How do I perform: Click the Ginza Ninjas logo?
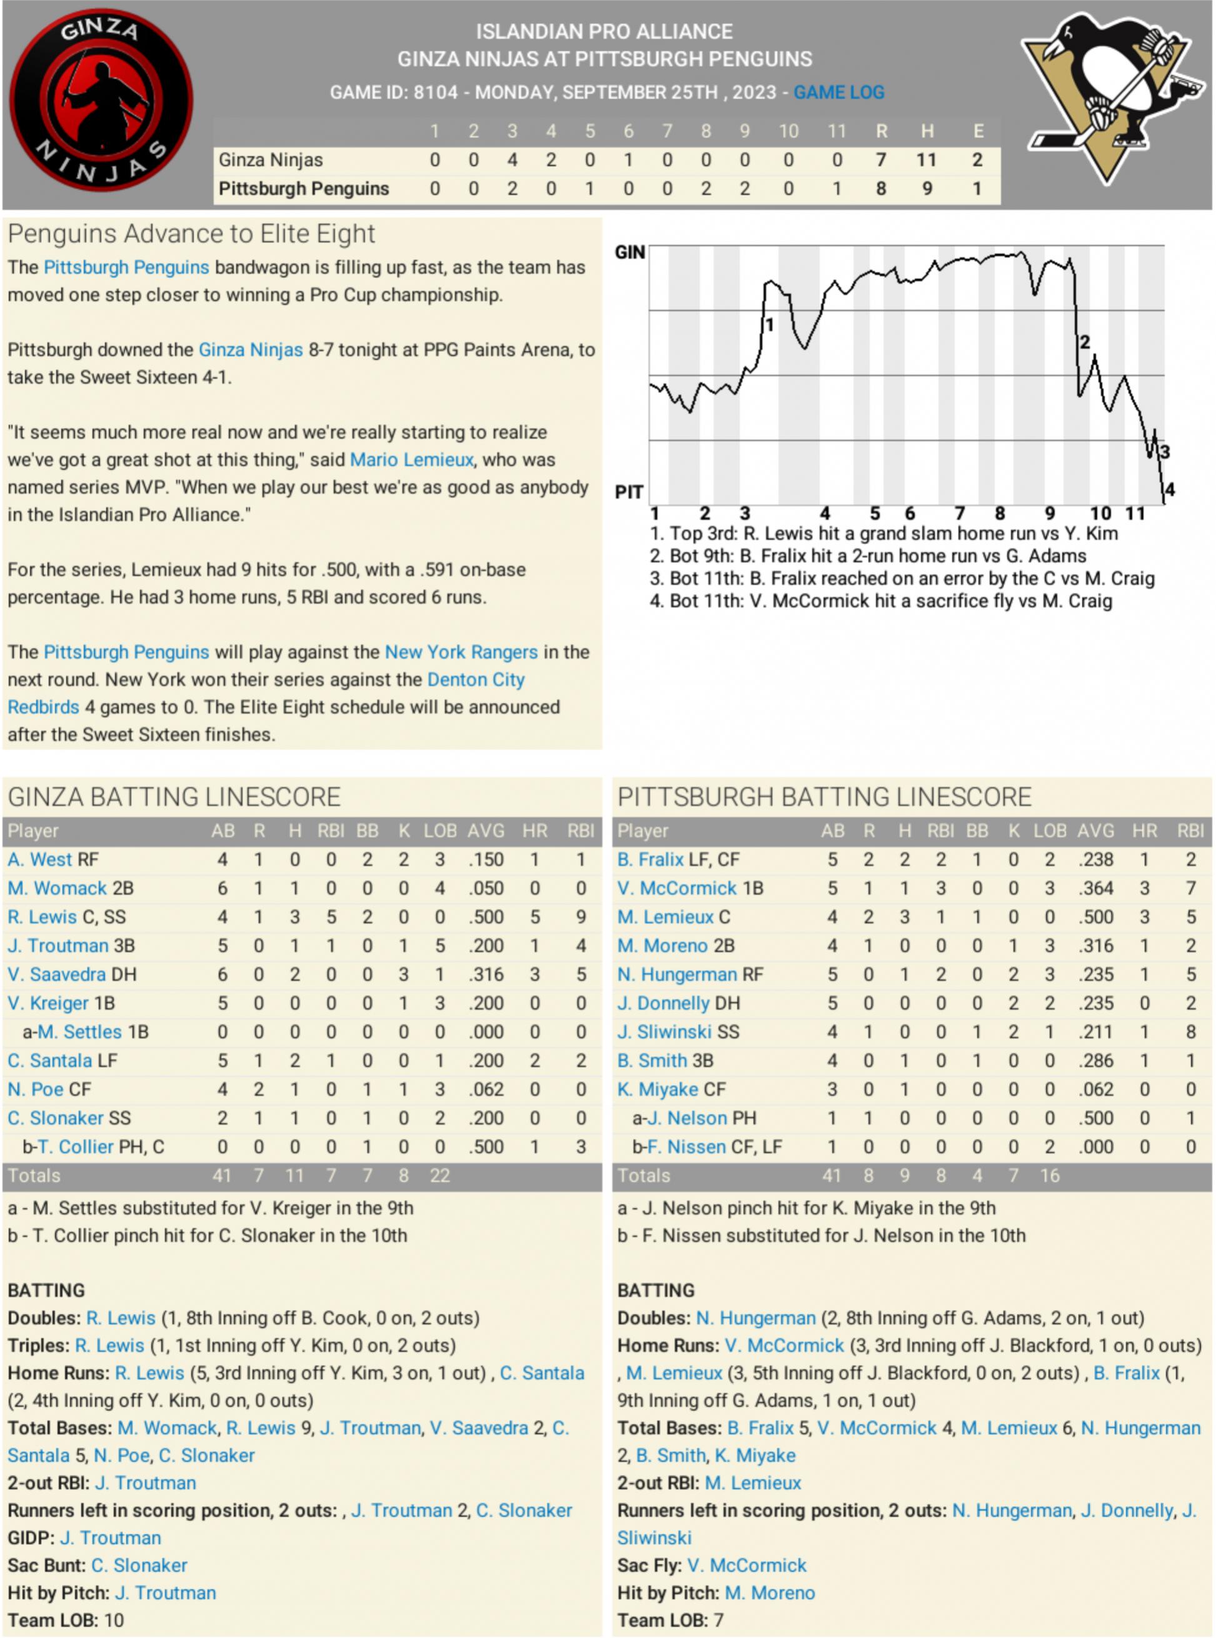(101, 103)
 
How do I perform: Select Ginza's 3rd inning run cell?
(512, 160)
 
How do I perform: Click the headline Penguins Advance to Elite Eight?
(191, 234)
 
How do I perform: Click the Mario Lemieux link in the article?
(411, 460)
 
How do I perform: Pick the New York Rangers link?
(461, 652)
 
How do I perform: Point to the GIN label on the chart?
(630, 253)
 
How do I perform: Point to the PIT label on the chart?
(628, 492)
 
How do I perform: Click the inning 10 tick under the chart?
(1100, 514)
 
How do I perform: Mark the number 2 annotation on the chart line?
(1084, 342)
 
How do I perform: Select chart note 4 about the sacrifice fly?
(880, 601)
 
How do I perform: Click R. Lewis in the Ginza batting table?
(42, 917)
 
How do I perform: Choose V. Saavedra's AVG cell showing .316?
(486, 974)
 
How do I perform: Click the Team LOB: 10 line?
(66, 1620)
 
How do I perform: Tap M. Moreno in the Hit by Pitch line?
(770, 1592)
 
